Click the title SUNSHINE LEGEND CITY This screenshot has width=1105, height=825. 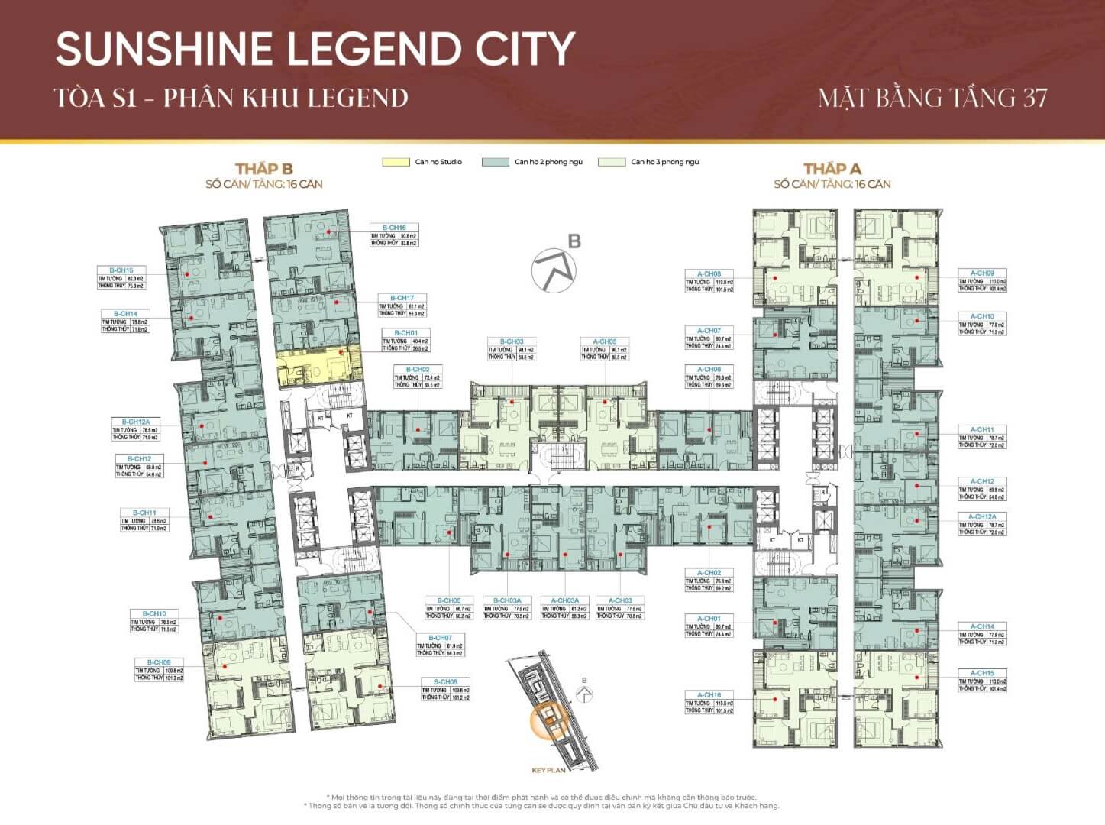(x=315, y=49)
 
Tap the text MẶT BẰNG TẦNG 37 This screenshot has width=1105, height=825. (x=932, y=99)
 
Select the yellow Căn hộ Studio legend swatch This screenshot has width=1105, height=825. (x=396, y=162)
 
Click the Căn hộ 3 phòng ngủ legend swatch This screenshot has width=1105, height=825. (x=611, y=162)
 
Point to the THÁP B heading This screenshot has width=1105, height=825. (x=263, y=169)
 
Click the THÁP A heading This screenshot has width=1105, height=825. (x=832, y=169)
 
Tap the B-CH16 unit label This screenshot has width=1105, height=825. (x=394, y=228)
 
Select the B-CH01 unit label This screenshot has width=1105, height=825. (x=405, y=333)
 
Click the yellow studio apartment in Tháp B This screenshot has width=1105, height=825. (x=318, y=365)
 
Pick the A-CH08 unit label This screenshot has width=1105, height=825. (x=709, y=273)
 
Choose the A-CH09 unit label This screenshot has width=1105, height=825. (x=982, y=273)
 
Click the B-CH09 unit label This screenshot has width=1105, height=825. (x=159, y=662)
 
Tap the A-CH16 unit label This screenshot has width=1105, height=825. (x=709, y=695)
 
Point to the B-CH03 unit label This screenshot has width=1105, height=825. (x=512, y=341)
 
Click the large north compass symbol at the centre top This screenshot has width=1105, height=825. (x=554, y=269)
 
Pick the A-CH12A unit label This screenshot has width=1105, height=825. (x=982, y=517)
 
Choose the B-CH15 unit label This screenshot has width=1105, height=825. (x=121, y=270)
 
